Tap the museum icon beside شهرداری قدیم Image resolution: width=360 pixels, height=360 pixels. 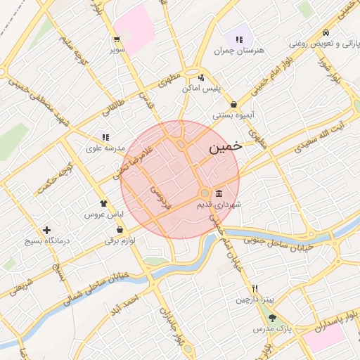pos(219,193)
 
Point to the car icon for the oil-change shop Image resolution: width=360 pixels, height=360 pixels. pos(325,32)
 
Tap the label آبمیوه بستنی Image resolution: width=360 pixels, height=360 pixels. pos(233,114)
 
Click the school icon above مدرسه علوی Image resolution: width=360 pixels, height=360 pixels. pos(105,137)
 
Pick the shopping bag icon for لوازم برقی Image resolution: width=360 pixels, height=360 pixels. pos(120,229)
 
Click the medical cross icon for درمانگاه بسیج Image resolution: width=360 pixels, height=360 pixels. pos(46,230)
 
